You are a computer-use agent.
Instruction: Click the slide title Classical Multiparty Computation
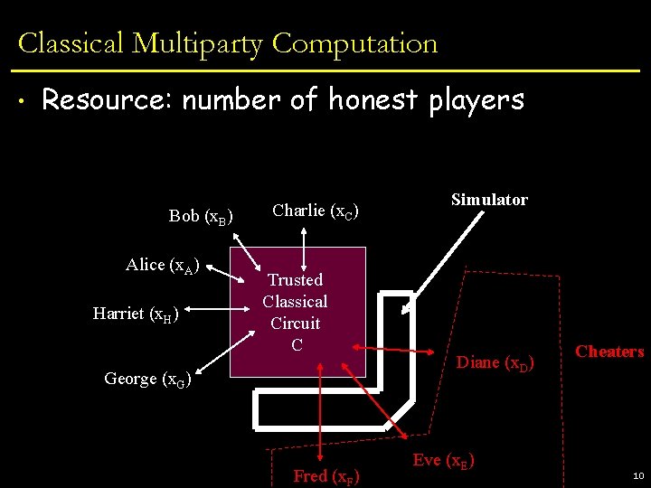click(228, 43)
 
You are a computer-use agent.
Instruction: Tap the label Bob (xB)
click(201, 216)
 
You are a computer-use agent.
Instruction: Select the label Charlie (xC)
click(316, 211)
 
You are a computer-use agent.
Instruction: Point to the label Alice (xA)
click(162, 265)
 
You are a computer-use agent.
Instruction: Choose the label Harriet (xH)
click(136, 314)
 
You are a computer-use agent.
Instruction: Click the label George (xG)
click(146, 379)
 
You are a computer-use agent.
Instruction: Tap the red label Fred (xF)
click(325, 476)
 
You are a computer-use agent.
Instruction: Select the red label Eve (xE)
click(444, 460)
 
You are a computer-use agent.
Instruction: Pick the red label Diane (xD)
click(495, 363)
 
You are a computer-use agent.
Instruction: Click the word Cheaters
click(609, 352)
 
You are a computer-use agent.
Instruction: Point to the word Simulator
click(489, 200)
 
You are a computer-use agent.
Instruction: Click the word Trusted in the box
click(295, 280)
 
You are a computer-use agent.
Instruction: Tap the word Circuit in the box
click(296, 323)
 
